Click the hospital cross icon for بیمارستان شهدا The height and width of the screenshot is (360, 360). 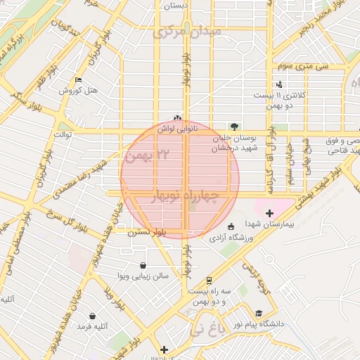click(x=269, y=212)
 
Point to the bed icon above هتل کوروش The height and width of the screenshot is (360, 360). click(x=77, y=79)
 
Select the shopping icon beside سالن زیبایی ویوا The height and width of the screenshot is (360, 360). click(x=144, y=266)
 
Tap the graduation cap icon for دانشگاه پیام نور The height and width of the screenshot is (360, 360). click(x=259, y=314)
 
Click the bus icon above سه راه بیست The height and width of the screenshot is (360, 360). click(x=209, y=279)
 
